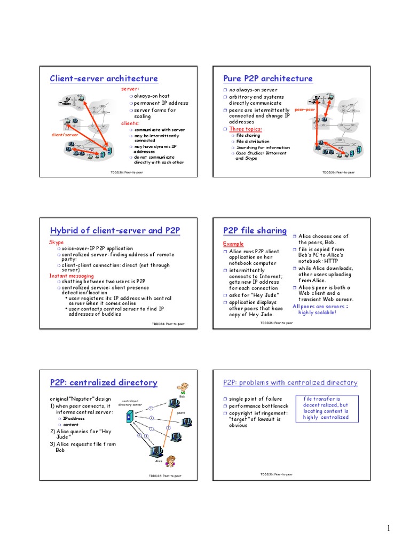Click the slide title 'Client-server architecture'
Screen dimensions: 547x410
click(104, 79)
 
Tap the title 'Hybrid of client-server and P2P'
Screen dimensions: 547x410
click(115, 231)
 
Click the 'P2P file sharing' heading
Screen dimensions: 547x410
click(255, 231)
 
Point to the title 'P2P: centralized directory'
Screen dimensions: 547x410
click(104, 382)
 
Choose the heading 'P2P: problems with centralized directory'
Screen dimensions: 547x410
click(290, 382)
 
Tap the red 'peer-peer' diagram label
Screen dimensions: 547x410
click(304, 109)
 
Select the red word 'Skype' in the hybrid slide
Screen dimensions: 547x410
click(56, 242)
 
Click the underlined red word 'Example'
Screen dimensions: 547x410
click(233, 244)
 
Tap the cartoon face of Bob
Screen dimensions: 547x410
click(183, 389)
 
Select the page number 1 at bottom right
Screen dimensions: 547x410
click(389, 529)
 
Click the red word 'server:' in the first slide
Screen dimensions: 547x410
click(130, 89)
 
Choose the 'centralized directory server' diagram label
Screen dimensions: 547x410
click(130, 402)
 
